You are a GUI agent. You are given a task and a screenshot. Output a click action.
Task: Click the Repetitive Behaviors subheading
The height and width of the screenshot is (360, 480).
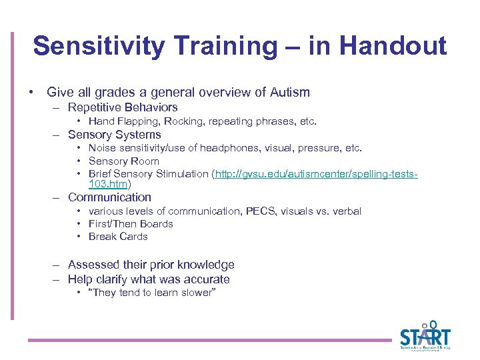pos(123,107)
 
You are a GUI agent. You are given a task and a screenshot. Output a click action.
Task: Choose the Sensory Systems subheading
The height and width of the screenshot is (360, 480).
pos(115,135)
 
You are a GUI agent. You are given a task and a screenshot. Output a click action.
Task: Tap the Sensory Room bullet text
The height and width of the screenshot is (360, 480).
pos(124,161)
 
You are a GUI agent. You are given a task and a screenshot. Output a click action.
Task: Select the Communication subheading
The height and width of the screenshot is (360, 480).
pos(109,197)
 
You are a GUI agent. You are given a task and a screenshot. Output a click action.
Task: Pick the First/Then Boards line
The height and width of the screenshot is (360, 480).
pos(131,224)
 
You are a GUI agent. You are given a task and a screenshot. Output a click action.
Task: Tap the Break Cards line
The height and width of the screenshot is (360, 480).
pos(118,237)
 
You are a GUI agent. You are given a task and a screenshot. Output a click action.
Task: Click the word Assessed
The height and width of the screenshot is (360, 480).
pos(92,265)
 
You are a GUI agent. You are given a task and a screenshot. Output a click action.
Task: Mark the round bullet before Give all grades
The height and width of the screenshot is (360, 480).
pos(31,93)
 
